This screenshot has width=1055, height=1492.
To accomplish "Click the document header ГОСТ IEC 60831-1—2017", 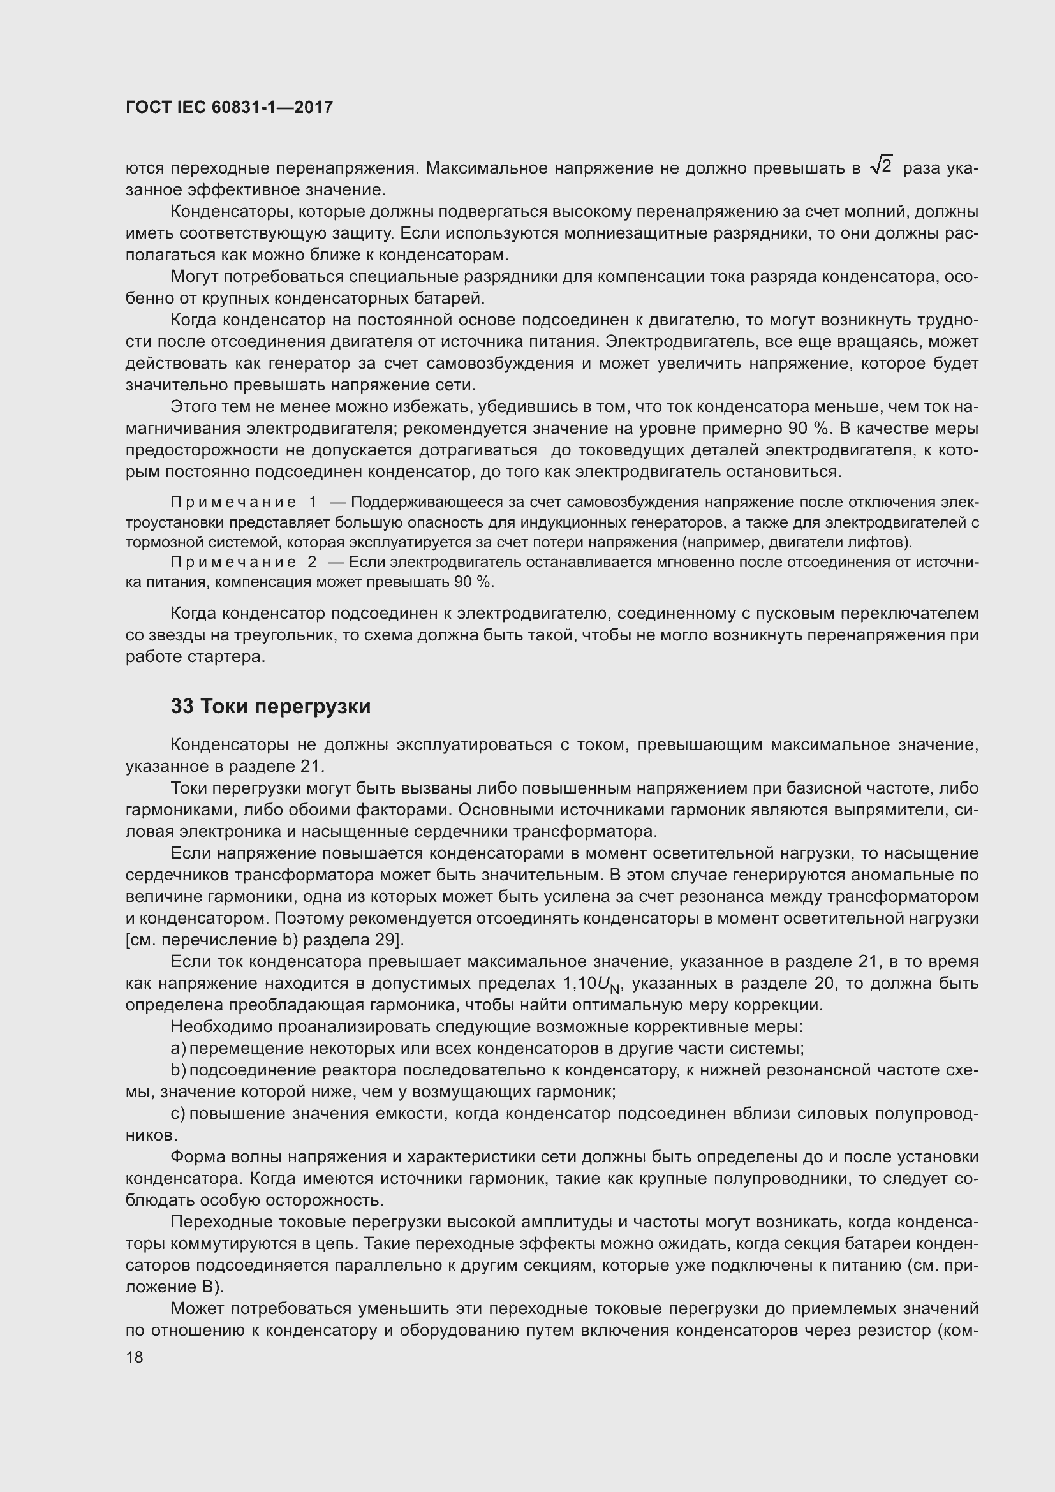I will pyautogui.click(x=229, y=107).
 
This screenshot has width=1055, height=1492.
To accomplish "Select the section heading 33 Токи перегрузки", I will pyautogui.click(x=270, y=705).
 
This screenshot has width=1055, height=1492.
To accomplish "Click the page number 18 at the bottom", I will pyautogui.click(x=135, y=1357).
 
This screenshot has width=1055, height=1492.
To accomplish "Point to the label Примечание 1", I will pyautogui.click(x=244, y=502).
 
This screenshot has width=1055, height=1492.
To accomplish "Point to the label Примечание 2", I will pyautogui.click(x=244, y=562).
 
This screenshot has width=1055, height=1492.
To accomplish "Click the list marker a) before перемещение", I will pyautogui.click(x=178, y=1048).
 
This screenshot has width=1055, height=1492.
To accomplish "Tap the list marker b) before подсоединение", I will pyautogui.click(x=178, y=1070).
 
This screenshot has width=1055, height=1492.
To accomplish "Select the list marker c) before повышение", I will pyautogui.click(x=178, y=1113).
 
